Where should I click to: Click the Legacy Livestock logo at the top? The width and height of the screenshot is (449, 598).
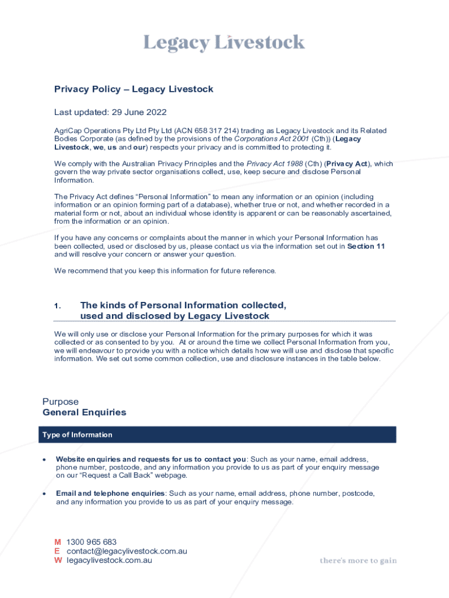[x=224, y=43]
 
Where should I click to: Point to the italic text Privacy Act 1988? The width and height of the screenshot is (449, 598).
[x=274, y=164]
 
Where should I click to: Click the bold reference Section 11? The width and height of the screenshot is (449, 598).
[x=366, y=246]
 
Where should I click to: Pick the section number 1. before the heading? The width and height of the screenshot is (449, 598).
[x=57, y=306]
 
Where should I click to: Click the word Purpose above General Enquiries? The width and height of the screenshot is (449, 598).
[x=60, y=402]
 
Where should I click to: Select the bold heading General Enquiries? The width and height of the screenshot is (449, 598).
[x=84, y=412]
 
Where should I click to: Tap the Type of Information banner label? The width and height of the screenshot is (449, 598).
[x=77, y=435]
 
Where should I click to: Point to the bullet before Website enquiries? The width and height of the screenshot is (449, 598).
[x=44, y=460]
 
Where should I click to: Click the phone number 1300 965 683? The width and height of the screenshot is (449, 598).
[x=92, y=542]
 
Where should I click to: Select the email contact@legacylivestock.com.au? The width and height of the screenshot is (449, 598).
[x=127, y=551]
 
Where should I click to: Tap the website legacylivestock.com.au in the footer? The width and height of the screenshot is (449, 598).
[x=110, y=561]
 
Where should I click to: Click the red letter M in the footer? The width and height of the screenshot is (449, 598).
[x=58, y=542]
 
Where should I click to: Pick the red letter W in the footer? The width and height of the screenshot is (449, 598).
[x=58, y=561]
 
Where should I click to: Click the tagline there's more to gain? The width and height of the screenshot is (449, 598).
[x=358, y=561]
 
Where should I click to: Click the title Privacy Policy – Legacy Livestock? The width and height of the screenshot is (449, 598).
[x=134, y=89]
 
